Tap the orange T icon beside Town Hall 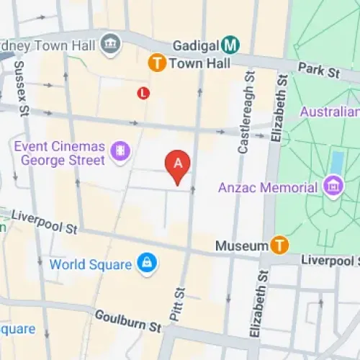point(156,63)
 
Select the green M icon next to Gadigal point(230,45)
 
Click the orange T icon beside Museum point(279,246)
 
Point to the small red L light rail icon point(143,93)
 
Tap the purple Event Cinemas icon point(120,151)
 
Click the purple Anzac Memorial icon point(334,187)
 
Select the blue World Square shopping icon point(147,264)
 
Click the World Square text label point(91,264)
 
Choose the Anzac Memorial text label point(268,188)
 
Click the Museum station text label point(242,246)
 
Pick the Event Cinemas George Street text point(59,153)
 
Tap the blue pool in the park point(336,163)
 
